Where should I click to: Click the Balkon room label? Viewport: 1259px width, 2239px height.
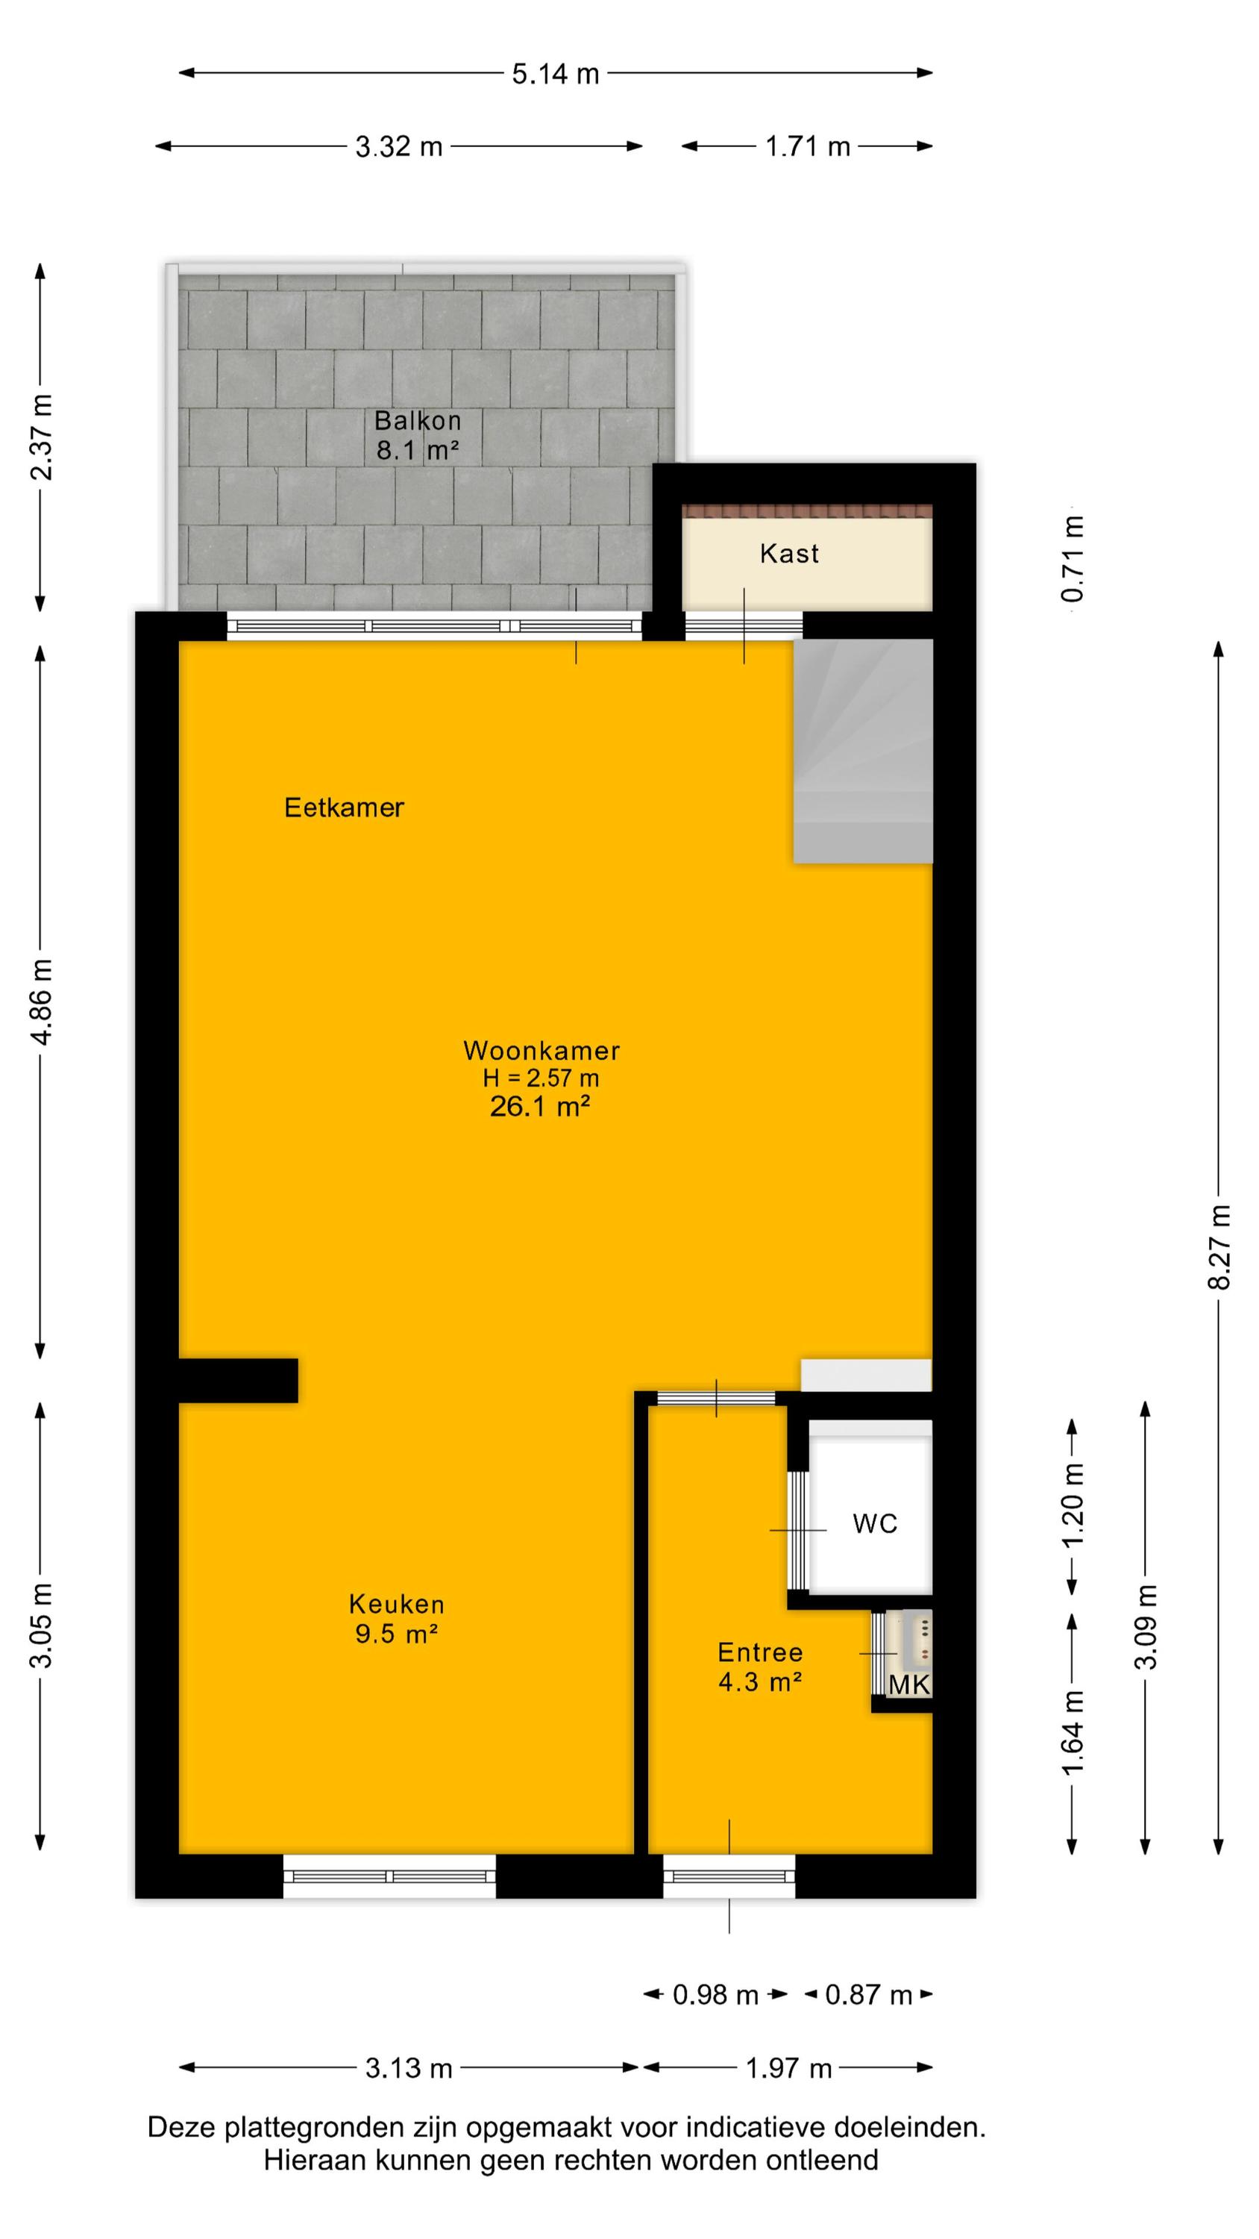click(x=417, y=421)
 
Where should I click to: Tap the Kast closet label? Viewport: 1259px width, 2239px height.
click(x=789, y=554)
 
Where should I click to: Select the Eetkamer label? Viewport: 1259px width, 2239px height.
click(x=344, y=808)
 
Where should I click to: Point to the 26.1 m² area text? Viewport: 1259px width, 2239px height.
click(x=539, y=1107)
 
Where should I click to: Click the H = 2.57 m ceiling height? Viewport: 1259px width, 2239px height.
click(x=541, y=1078)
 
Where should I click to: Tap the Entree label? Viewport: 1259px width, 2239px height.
click(x=759, y=1652)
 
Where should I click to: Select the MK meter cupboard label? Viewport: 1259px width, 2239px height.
click(x=909, y=1684)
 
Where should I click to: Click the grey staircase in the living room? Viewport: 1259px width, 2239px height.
click(x=863, y=751)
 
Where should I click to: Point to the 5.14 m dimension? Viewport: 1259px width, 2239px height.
click(x=555, y=74)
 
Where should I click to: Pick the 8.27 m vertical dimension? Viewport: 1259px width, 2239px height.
click(x=1220, y=1246)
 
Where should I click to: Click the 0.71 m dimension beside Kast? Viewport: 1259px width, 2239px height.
click(x=1073, y=559)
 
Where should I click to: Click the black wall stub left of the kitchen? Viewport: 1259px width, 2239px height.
click(x=238, y=1380)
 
